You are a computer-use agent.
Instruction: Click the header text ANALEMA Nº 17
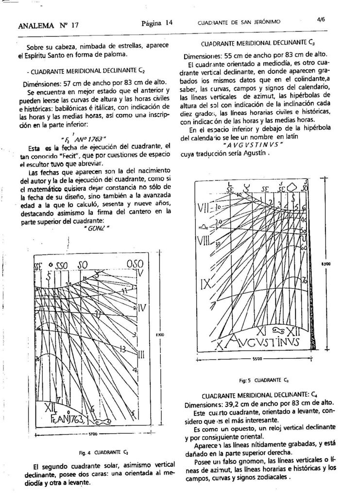coord(48,25)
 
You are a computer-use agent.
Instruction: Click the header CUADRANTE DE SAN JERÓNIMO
coord(239,22)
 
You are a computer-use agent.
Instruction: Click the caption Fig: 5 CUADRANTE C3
coord(264,380)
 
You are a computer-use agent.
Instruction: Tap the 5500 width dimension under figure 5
coord(257,359)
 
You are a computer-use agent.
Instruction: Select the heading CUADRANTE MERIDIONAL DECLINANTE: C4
coord(259,395)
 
